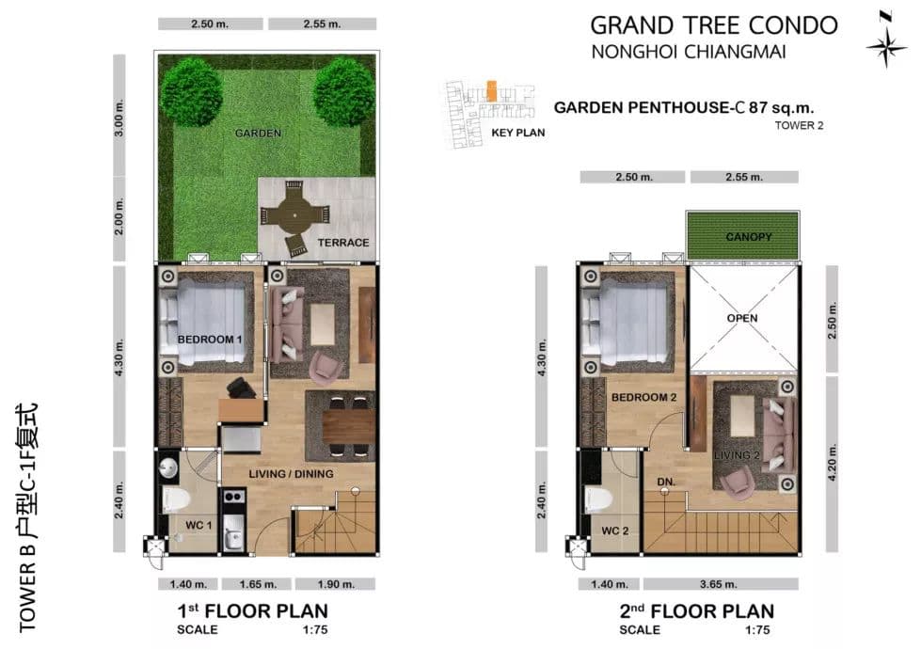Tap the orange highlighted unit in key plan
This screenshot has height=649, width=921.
tap(492, 90)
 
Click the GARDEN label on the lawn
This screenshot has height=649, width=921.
tap(258, 134)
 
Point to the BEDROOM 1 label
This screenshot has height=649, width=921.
tap(210, 340)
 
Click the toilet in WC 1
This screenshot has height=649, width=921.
tap(176, 499)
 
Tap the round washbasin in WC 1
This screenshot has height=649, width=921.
tap(168, 468)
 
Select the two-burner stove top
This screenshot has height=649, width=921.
tap(233, 497)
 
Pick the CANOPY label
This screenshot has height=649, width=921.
tap(748, 237)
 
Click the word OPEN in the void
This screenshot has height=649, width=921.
tap(742, 318)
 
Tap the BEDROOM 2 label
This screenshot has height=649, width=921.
tap(643, 398)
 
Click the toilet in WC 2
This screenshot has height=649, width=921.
tap(599, 499)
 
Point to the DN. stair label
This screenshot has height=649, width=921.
tap(666, 482)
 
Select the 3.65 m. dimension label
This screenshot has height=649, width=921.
tap(719, 584)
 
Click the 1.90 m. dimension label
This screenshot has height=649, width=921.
tap(336, 584)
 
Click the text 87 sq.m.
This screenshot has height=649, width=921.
tap(781, 107)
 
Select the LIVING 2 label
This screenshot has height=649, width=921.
tap(737, 455)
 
